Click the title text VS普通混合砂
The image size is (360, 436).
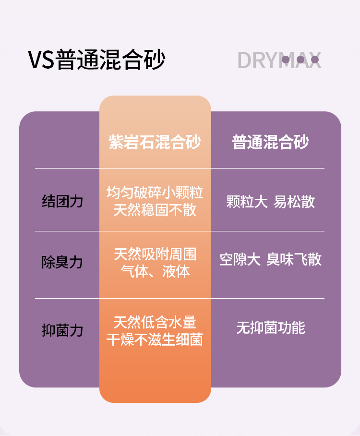click(96, 60)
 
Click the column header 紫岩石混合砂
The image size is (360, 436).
click(155, 142)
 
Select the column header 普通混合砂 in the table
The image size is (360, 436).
click(271, 142)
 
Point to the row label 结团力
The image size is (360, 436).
click(62, 201)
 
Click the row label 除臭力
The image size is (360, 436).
click(62, 262)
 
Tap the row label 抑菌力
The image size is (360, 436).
click(62, 330)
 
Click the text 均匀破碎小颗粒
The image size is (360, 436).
click(155, 193)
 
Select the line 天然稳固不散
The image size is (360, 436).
click(155, 210)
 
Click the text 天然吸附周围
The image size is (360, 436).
click(155, 254)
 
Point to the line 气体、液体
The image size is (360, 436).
click(155, 271)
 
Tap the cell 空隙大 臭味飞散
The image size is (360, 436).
click(271, 260)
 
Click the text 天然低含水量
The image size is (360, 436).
click(155, 322)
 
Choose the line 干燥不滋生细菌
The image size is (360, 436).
click(155, 339)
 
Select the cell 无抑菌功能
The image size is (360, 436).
click(271, 328)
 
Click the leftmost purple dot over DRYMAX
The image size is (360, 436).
click(286, 60)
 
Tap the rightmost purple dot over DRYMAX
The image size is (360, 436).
click(315, 60)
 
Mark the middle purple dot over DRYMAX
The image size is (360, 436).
click(300, 60)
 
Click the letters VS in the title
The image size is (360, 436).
click(41, 61)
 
